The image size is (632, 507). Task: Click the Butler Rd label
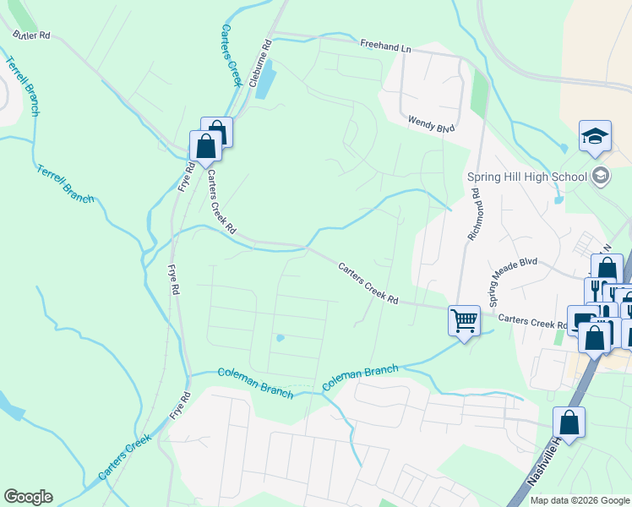32,35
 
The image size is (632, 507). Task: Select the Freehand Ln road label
384,46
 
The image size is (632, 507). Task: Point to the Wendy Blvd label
431,123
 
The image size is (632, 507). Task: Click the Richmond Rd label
475,215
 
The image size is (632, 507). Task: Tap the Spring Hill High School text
526,177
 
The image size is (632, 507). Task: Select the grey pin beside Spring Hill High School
601,177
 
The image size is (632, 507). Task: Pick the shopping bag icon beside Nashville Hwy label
569,422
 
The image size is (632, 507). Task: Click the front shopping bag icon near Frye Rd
205,146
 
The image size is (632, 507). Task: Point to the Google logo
28,497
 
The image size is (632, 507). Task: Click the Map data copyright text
580,500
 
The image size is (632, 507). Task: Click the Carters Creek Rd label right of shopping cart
532,322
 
